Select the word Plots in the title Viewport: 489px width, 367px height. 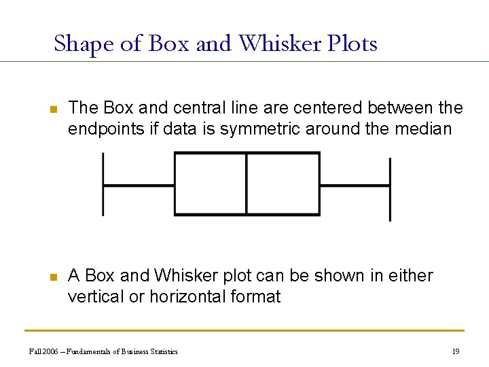tap(352, 43)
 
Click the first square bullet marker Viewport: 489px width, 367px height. tap(54, 109)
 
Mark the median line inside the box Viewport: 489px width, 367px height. tap(246, 184)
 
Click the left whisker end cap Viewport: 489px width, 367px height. tap(103, 184)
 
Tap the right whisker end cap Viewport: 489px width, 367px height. tap(390, 189)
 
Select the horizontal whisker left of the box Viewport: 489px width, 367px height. tap(139, 185)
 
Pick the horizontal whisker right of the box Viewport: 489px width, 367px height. tap(355, 185)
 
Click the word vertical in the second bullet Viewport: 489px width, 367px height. tap(96, 296)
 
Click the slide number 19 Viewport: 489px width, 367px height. tap(456, 351)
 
